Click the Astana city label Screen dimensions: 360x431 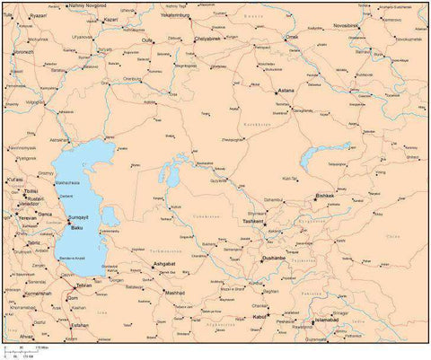[287, 92]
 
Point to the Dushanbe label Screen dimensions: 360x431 [273, 258]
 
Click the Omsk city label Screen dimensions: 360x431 [292, 37]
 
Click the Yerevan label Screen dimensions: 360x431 [29, 217]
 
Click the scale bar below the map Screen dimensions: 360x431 [27, 349]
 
